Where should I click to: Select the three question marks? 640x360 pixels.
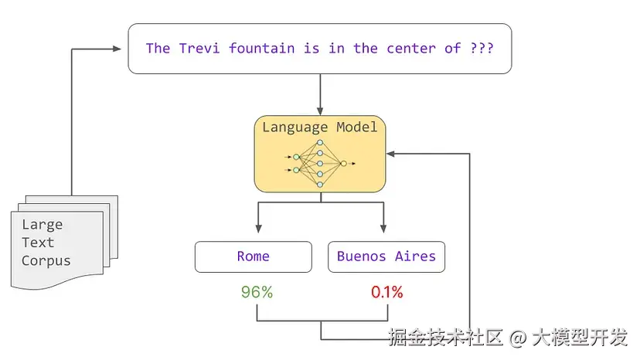click(482, 48)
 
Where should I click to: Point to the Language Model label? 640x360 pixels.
click(320, 127)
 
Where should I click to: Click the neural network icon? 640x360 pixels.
click(320, 165)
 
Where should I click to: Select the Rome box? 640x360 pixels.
click(254, 256)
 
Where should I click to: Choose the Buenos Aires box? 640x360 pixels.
click(386, 256)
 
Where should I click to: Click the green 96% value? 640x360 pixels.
click(257, 293)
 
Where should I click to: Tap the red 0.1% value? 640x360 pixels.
click(387, 293)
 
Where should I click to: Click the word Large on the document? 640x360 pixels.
click(42, 225)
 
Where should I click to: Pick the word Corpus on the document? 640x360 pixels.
click(46, 260)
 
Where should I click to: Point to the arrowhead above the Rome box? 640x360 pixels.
click(257, 229)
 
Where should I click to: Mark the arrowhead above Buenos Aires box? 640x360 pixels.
click(383, 229)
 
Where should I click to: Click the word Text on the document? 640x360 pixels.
click(38, 243)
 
